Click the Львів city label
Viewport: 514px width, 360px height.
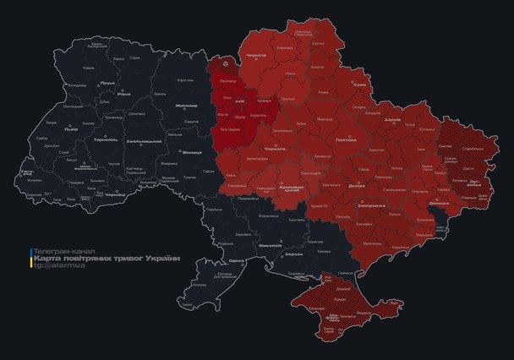71,129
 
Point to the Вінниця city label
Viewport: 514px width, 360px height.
192,152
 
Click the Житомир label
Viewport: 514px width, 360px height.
186,106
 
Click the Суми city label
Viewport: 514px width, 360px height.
360,85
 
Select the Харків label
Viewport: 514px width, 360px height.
392,120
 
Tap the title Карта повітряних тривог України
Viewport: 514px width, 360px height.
106,259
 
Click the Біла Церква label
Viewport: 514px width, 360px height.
229,130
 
